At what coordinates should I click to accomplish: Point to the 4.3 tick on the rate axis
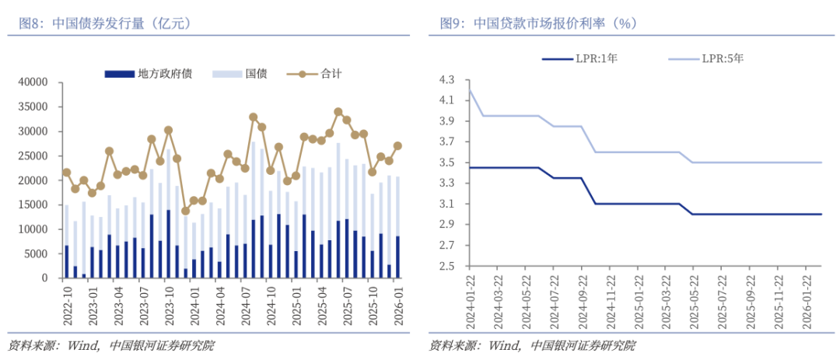450,80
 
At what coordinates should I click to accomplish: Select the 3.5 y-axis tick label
450,163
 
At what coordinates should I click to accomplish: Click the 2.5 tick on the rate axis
450,267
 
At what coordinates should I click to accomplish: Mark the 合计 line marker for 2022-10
67,173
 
